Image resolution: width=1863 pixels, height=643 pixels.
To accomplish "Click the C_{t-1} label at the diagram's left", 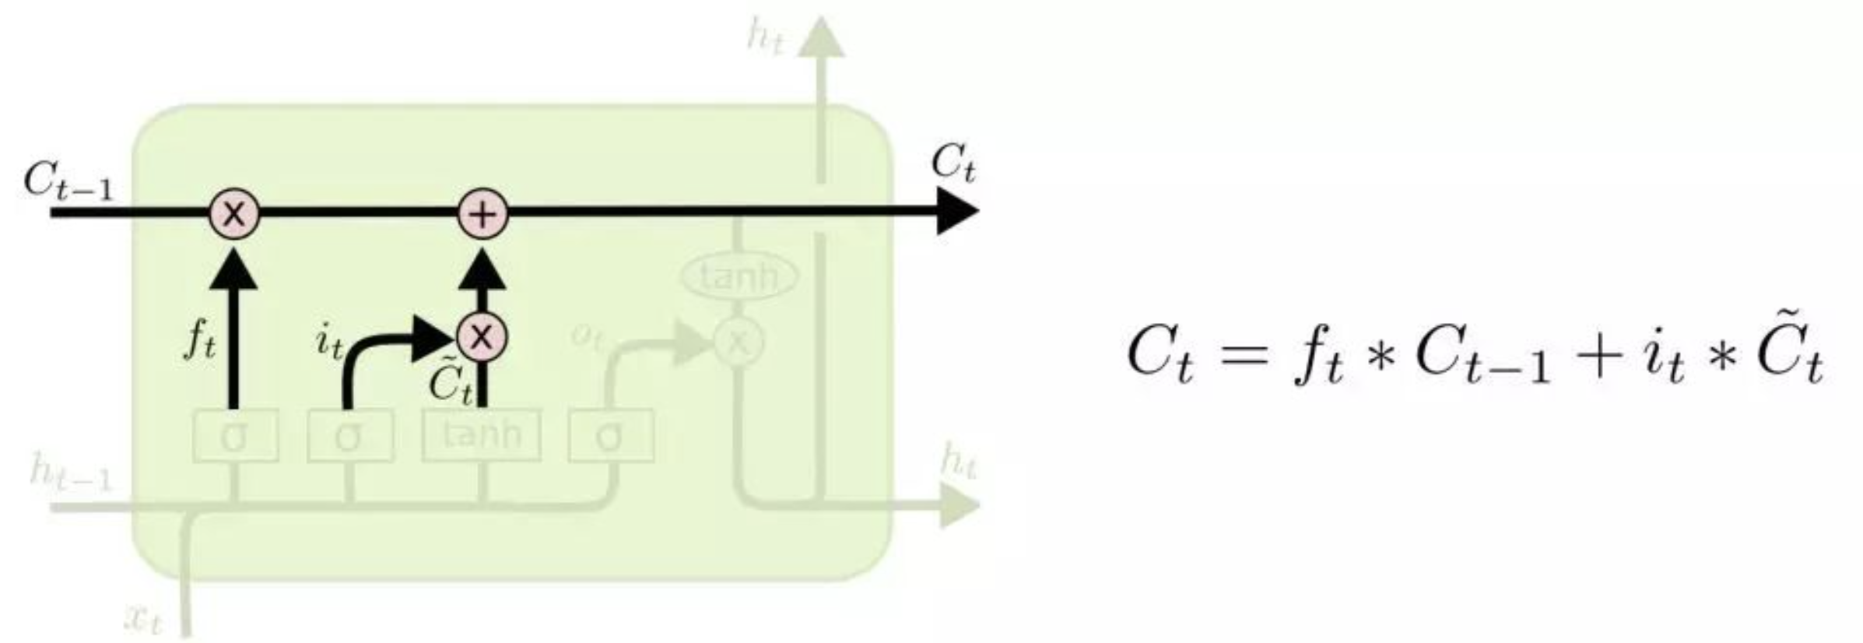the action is click(68, 181).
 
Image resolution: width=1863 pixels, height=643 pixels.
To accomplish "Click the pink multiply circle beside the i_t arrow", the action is click(482, 337).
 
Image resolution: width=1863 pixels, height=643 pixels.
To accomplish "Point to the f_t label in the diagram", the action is click(200, 339).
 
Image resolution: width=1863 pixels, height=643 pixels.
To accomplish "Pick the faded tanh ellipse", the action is click(739, 276).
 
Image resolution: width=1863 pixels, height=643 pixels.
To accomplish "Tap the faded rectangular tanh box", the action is click(482, 434).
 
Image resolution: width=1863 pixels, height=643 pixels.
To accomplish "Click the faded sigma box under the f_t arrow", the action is click(234, 437).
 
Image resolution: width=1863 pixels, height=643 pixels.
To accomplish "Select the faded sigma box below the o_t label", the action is click(610, 437).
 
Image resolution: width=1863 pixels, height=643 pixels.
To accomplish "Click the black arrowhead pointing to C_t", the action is click(957, 212).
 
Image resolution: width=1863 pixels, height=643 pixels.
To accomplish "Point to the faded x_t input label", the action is click(144, 619).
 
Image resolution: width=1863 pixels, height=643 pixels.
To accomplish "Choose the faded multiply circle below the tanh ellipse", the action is click(739, 341).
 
